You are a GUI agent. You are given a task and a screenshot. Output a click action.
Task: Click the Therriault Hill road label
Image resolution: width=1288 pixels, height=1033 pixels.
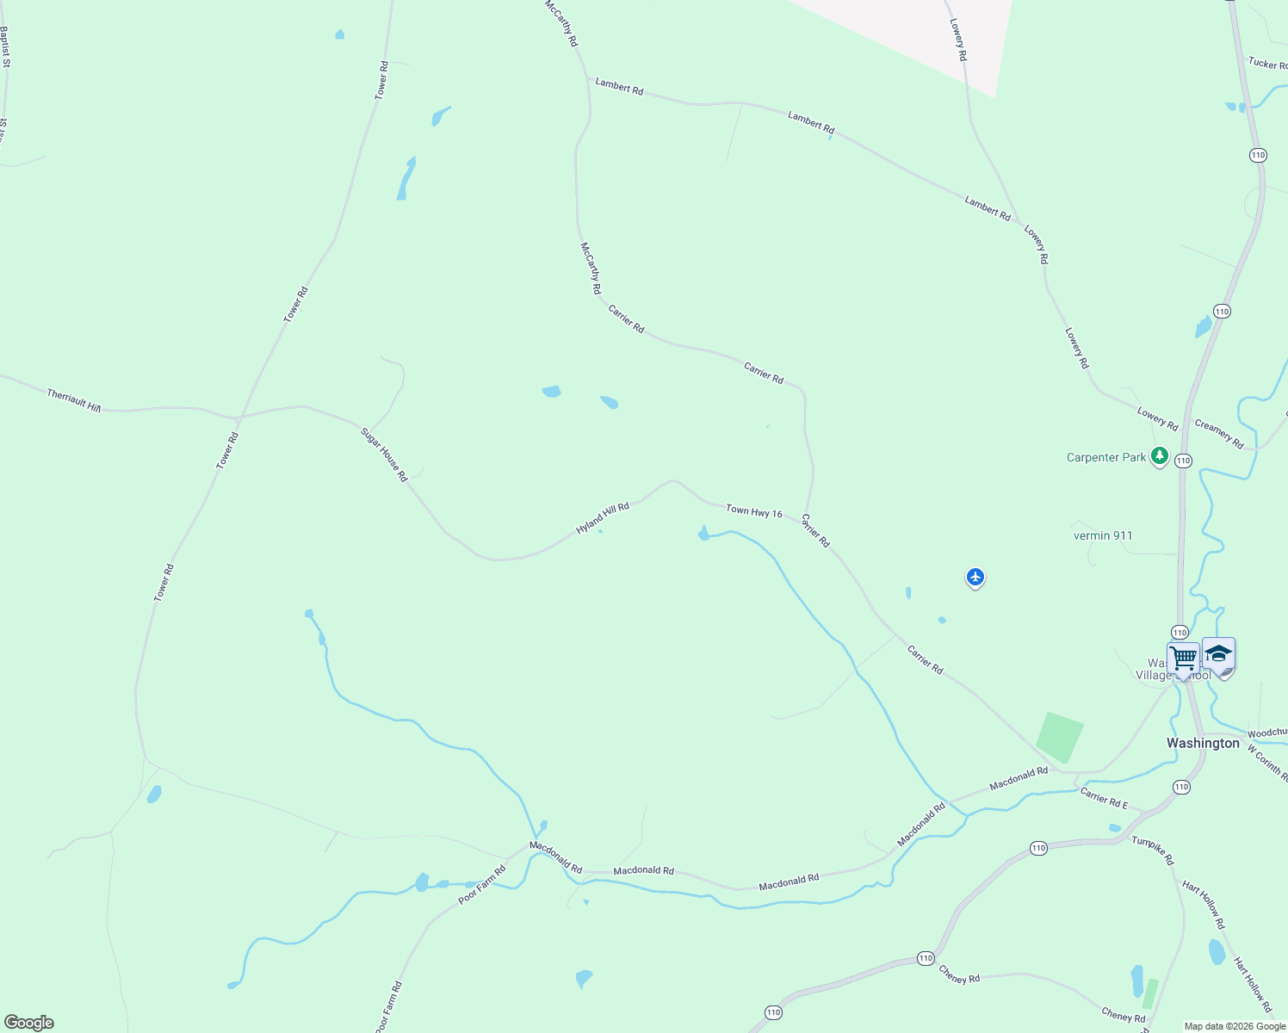pos(73,400)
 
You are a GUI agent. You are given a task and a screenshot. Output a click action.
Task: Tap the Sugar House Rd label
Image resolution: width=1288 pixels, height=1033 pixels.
pos(384,455)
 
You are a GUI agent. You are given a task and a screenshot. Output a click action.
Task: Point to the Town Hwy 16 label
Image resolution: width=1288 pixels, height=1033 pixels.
pos(753,511)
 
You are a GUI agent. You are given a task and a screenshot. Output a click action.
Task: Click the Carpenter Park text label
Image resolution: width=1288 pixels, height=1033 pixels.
pos(1106,457)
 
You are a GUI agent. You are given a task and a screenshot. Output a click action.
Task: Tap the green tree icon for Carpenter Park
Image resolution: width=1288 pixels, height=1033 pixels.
pos(1160,455)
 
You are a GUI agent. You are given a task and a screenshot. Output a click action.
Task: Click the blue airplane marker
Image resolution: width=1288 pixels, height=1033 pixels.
pos(975,577)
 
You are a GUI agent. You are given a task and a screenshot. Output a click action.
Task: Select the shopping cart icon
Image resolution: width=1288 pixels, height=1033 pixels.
pos(1184,659)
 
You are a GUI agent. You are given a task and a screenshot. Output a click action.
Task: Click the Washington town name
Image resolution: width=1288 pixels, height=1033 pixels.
pos(1203,743)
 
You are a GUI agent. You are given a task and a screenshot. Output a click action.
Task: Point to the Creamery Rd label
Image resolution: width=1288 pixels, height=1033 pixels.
pos(1219,434)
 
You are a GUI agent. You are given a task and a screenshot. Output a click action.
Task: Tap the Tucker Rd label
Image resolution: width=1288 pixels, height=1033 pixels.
pos(1267,64)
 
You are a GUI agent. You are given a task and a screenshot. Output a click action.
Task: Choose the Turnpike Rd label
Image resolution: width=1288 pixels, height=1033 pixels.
pos(1153,851)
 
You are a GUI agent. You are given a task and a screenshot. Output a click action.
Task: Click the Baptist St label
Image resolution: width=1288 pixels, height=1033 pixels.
pos(5,46)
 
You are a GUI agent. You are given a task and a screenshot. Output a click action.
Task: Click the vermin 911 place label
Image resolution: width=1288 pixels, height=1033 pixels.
pos(1103,535)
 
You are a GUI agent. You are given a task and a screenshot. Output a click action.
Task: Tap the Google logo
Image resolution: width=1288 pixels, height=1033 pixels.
pos(28,1023)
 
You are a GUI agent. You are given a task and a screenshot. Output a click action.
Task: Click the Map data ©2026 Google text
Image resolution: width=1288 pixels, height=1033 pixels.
pos(1235,1026)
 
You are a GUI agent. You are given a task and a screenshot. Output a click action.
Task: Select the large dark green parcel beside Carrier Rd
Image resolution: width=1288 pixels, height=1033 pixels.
pos(1059,737)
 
